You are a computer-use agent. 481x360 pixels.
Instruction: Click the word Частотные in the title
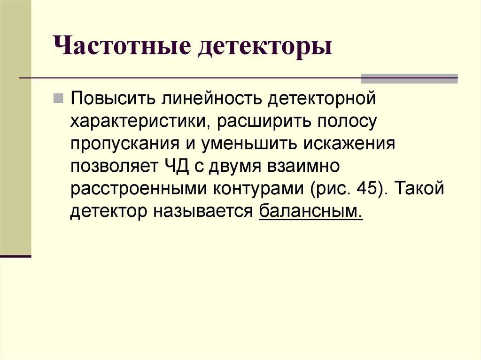click(121, 49)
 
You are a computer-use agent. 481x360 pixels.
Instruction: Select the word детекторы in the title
click(265, 49)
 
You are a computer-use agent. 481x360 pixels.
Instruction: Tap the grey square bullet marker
click(58, 99)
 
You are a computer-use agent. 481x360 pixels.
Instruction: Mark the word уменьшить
click(248, 144)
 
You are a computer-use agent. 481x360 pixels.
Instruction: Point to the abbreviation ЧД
click(175, 167)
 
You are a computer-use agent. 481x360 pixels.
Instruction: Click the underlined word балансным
click(310, 212)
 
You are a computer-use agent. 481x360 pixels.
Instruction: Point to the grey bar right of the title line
click(409, 78)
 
